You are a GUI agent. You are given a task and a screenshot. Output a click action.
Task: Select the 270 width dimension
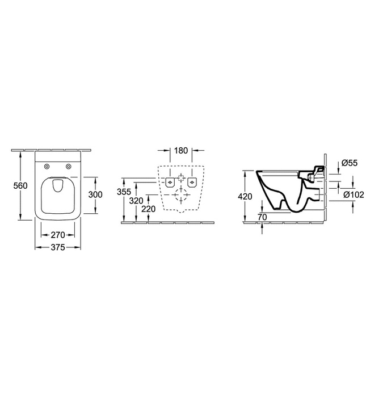tap(57, 234)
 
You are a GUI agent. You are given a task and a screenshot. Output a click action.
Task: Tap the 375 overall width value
tap(57, 247)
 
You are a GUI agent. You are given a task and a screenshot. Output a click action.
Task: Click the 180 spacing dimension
tap(181, 151)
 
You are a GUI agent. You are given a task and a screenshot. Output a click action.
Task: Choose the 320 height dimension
tap(136, 200)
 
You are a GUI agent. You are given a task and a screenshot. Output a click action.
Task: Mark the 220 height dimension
tap(149, 208)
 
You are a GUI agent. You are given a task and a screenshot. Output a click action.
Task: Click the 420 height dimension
tap(244, 196)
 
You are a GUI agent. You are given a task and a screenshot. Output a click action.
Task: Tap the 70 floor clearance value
tap(262, 217)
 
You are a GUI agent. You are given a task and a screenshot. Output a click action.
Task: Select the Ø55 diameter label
tap(350, 164)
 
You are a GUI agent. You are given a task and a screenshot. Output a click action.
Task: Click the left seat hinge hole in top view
tap(45, 166)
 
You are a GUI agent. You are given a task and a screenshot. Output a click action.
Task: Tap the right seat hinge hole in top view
tap(69, 166)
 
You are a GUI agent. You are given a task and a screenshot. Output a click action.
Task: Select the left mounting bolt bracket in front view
tap(170, 182)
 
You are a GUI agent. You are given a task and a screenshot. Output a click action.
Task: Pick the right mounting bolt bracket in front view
tap(193, 182)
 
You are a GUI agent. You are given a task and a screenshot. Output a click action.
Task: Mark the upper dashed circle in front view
tap(181, 176)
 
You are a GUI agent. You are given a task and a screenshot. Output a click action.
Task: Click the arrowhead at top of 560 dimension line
tap(21, 154)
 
